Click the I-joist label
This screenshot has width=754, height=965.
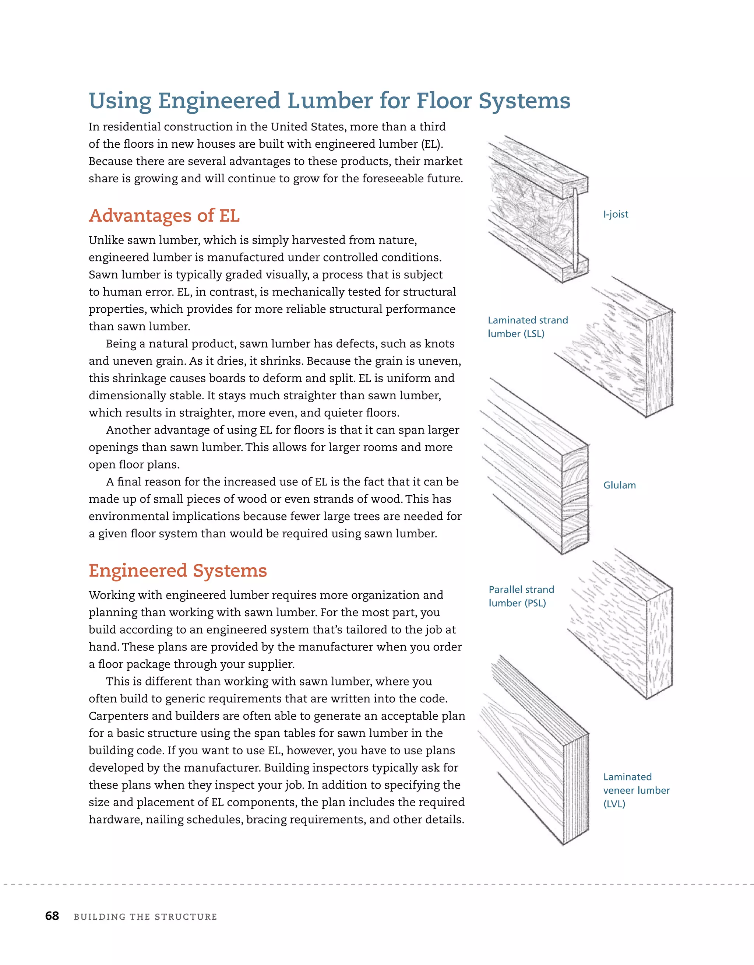615,214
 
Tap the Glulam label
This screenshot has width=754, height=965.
619,485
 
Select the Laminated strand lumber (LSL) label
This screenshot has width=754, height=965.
528,327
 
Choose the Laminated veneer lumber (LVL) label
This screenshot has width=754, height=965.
636,790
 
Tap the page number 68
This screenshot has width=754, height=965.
52,916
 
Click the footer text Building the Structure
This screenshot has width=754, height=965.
145,917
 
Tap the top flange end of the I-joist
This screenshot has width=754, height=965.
574,186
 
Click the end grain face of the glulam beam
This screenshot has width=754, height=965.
575,499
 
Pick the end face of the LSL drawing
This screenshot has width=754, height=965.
659,362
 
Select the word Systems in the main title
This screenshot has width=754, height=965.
524,101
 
